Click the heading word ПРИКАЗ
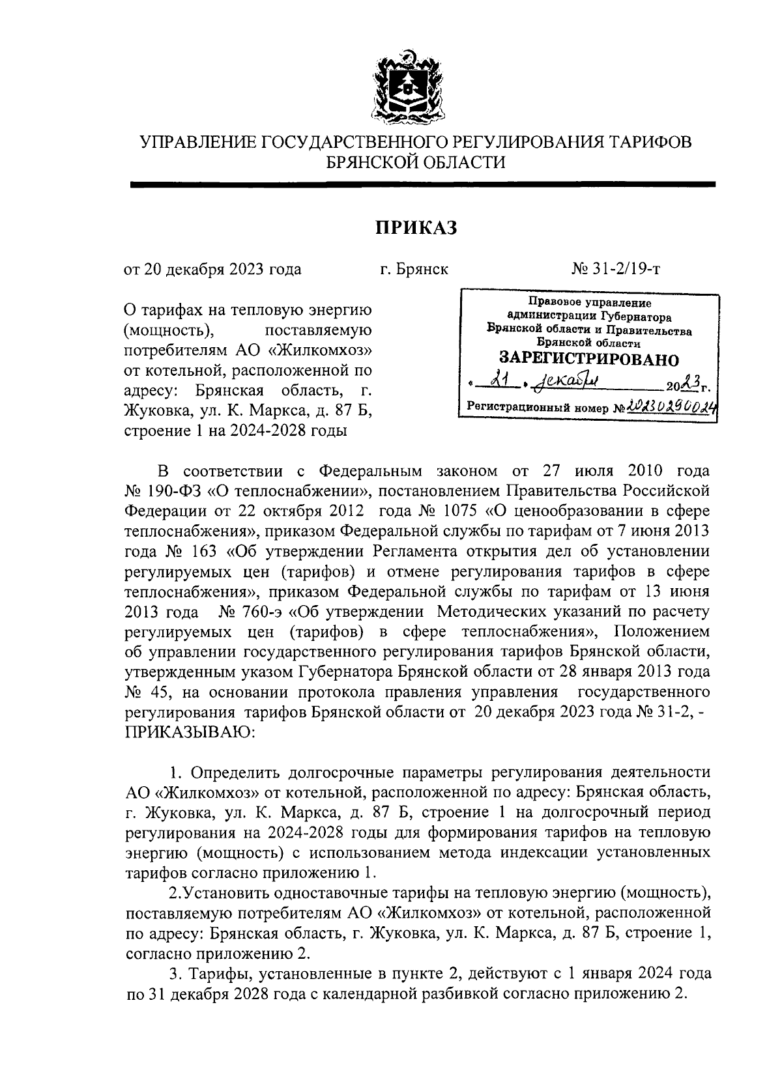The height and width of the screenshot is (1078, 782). click(x=416, y=228)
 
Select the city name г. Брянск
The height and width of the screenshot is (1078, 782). click(x=414, y=269)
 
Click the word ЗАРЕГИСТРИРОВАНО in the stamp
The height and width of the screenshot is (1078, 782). click(x=588, y=359)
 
